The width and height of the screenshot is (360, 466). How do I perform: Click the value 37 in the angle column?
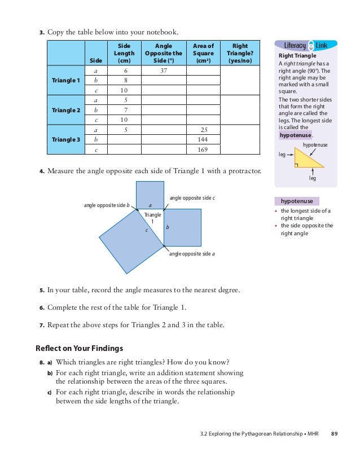pos(163,71)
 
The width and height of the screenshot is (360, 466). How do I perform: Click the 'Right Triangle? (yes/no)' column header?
pos(240,53)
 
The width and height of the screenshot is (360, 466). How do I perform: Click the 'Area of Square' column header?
pos(203,53)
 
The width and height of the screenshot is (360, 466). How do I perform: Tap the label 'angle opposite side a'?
pos(192,254)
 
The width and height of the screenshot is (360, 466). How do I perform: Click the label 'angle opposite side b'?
pos(107,205)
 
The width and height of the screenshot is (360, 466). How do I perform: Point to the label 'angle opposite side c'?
pos(192,198)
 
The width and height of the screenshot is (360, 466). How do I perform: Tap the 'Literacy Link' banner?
pos(305,45)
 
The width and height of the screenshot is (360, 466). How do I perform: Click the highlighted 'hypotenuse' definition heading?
pos(297,201)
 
